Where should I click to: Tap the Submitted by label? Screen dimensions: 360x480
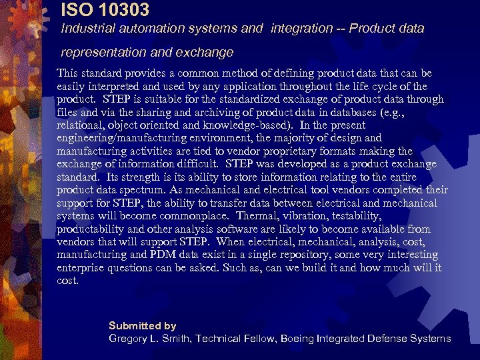coord(142,326)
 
